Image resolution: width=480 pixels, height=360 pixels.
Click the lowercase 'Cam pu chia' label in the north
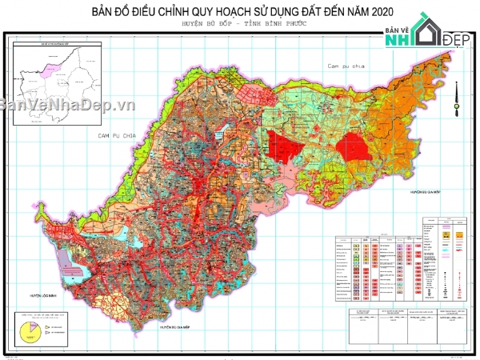341,64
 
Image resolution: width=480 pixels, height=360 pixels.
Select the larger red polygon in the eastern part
354,149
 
